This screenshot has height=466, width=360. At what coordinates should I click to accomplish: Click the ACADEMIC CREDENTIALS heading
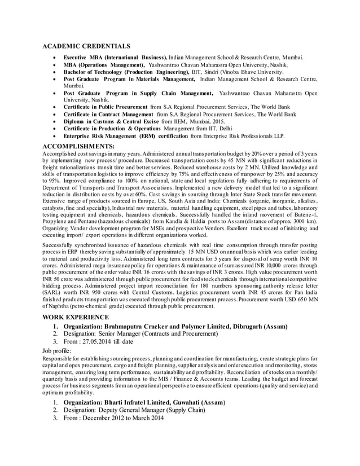(86, 46)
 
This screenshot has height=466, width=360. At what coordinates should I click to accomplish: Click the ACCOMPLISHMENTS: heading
(78, 146)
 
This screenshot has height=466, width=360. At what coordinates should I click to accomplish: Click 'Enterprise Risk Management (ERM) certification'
(126, 136)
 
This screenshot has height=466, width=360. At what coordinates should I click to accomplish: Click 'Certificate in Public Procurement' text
(106, 106)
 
